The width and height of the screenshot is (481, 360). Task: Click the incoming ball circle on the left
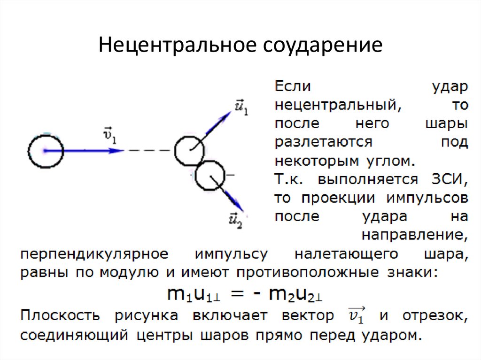coord(45,151)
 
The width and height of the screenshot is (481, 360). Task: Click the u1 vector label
coord(241,108)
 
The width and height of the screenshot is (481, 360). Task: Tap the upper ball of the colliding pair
coord(189,151)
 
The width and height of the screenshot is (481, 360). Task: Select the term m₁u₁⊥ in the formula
coord(195,294)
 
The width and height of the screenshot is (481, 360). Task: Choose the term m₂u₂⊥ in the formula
coord(291,294)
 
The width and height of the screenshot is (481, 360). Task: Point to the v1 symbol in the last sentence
coord(357,316)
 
